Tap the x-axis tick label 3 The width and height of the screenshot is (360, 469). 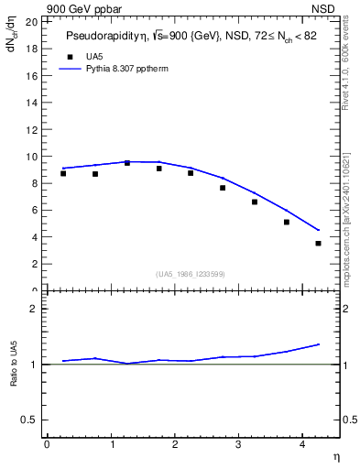238,444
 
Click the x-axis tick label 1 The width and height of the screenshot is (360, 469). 112,444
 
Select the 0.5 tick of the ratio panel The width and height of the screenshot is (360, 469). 29,420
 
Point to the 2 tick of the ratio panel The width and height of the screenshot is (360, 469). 34,309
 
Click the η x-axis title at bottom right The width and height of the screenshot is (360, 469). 335,456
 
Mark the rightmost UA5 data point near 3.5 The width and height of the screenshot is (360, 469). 318,243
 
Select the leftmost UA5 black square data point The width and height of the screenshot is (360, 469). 63,173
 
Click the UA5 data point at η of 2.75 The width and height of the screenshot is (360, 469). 223,188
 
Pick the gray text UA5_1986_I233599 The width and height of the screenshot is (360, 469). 190,274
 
